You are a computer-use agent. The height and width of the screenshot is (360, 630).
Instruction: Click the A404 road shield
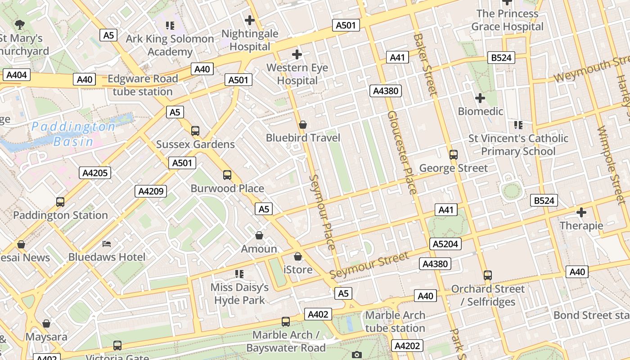pos(17,75)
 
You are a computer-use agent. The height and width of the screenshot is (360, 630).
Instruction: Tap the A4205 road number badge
pos(95,173)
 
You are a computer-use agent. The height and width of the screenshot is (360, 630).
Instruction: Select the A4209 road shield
pos(151,191)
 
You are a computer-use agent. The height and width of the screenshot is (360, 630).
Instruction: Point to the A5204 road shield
pos(445,244)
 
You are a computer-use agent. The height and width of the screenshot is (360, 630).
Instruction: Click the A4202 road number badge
pos(407,346)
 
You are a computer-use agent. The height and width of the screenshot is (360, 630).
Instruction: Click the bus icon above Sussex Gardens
pos(195,131)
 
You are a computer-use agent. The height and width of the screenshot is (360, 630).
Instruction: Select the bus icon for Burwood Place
pos(227,175)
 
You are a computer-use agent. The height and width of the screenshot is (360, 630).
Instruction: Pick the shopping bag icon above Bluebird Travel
pos(303,124)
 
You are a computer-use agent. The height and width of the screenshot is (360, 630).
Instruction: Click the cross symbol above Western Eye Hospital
pos(297,55)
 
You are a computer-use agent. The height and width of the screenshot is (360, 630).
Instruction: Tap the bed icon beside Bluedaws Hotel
pos(107,244)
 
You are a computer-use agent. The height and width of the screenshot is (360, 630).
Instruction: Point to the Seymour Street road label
pos(369,265)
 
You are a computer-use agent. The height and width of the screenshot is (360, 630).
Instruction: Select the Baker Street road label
pos(425,64)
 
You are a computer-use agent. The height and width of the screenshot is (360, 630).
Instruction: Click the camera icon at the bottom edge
pos(357,355)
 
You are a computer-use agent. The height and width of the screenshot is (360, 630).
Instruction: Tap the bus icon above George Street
pos(454,155)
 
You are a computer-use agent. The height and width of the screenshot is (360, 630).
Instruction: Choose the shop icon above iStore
pos(297,257)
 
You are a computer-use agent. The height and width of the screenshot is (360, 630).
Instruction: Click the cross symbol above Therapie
pos(581,212)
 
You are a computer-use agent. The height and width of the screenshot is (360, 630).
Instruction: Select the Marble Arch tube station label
pos(395,321)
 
